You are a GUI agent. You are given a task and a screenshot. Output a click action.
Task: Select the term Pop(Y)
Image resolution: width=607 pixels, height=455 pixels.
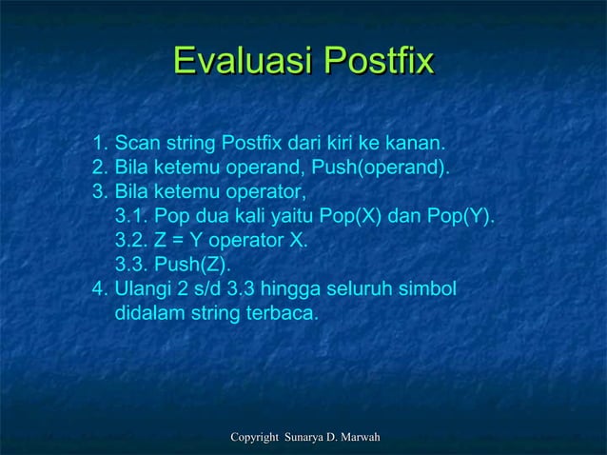point(460,217)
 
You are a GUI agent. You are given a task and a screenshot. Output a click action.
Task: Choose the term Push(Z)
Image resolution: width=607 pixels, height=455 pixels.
point(194,265)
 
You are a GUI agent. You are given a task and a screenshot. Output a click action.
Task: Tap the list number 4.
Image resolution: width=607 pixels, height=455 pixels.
point(99,288)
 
